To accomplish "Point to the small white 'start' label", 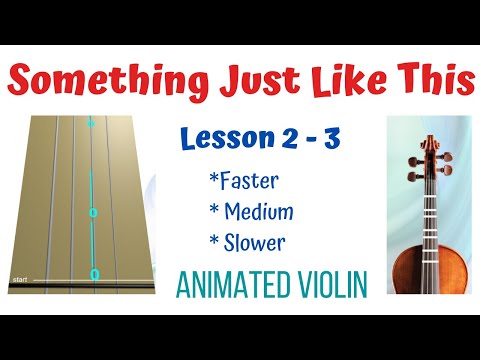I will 18,278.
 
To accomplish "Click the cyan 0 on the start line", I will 95,274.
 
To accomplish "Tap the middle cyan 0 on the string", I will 93,213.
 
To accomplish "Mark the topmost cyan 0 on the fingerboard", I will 90,124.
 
